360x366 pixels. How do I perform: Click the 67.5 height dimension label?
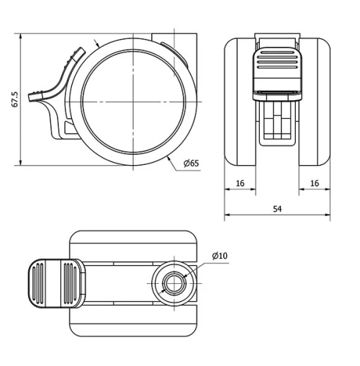pos(15,99)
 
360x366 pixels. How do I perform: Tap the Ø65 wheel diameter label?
pos(192,164)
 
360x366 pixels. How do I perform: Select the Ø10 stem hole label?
pos(220,256)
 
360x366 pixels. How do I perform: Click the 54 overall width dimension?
pos(277,209)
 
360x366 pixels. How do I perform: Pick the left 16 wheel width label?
pos(240,183)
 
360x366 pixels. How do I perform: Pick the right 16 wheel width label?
pos(315,183)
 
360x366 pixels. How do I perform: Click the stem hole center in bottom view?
pos(174,283)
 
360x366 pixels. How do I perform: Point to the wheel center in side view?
pos(133,102)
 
